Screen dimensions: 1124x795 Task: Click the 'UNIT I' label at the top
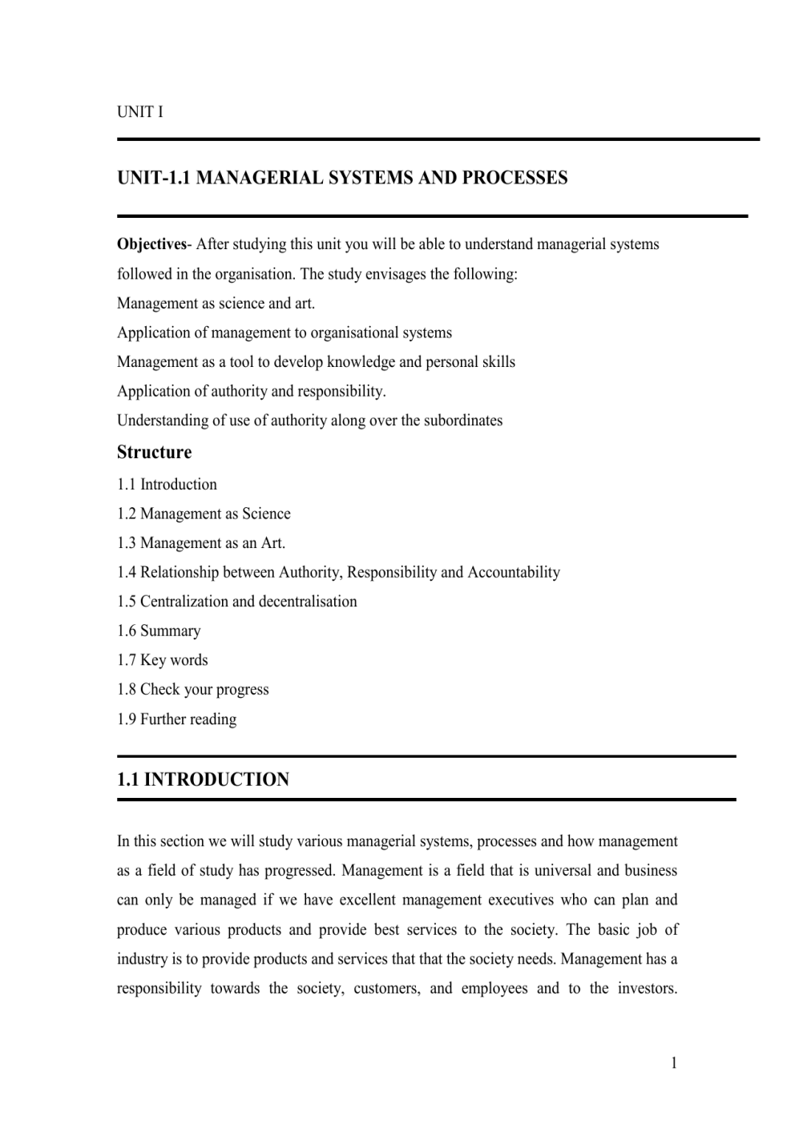coord(139,112)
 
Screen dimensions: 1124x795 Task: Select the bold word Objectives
coord(151,244)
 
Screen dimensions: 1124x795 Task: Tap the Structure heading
coord(154,453)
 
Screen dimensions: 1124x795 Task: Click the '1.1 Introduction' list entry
coord(167,485)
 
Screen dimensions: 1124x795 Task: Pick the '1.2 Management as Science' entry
coord(204,514)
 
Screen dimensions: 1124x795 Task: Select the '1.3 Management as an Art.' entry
coord(201,543)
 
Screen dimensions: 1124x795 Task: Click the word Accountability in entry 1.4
coord(513,573)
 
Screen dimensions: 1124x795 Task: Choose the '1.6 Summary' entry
coord(159,631)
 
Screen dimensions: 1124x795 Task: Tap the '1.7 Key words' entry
coord(162,661)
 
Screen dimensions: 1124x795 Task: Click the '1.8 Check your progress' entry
coord(192,690)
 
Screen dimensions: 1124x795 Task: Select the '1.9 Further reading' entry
coord(176,719)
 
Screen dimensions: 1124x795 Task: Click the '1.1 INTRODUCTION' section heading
coord(203,780)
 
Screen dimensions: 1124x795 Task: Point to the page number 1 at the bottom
coord(674,1064)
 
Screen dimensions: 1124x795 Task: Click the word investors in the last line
coord(646,989)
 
